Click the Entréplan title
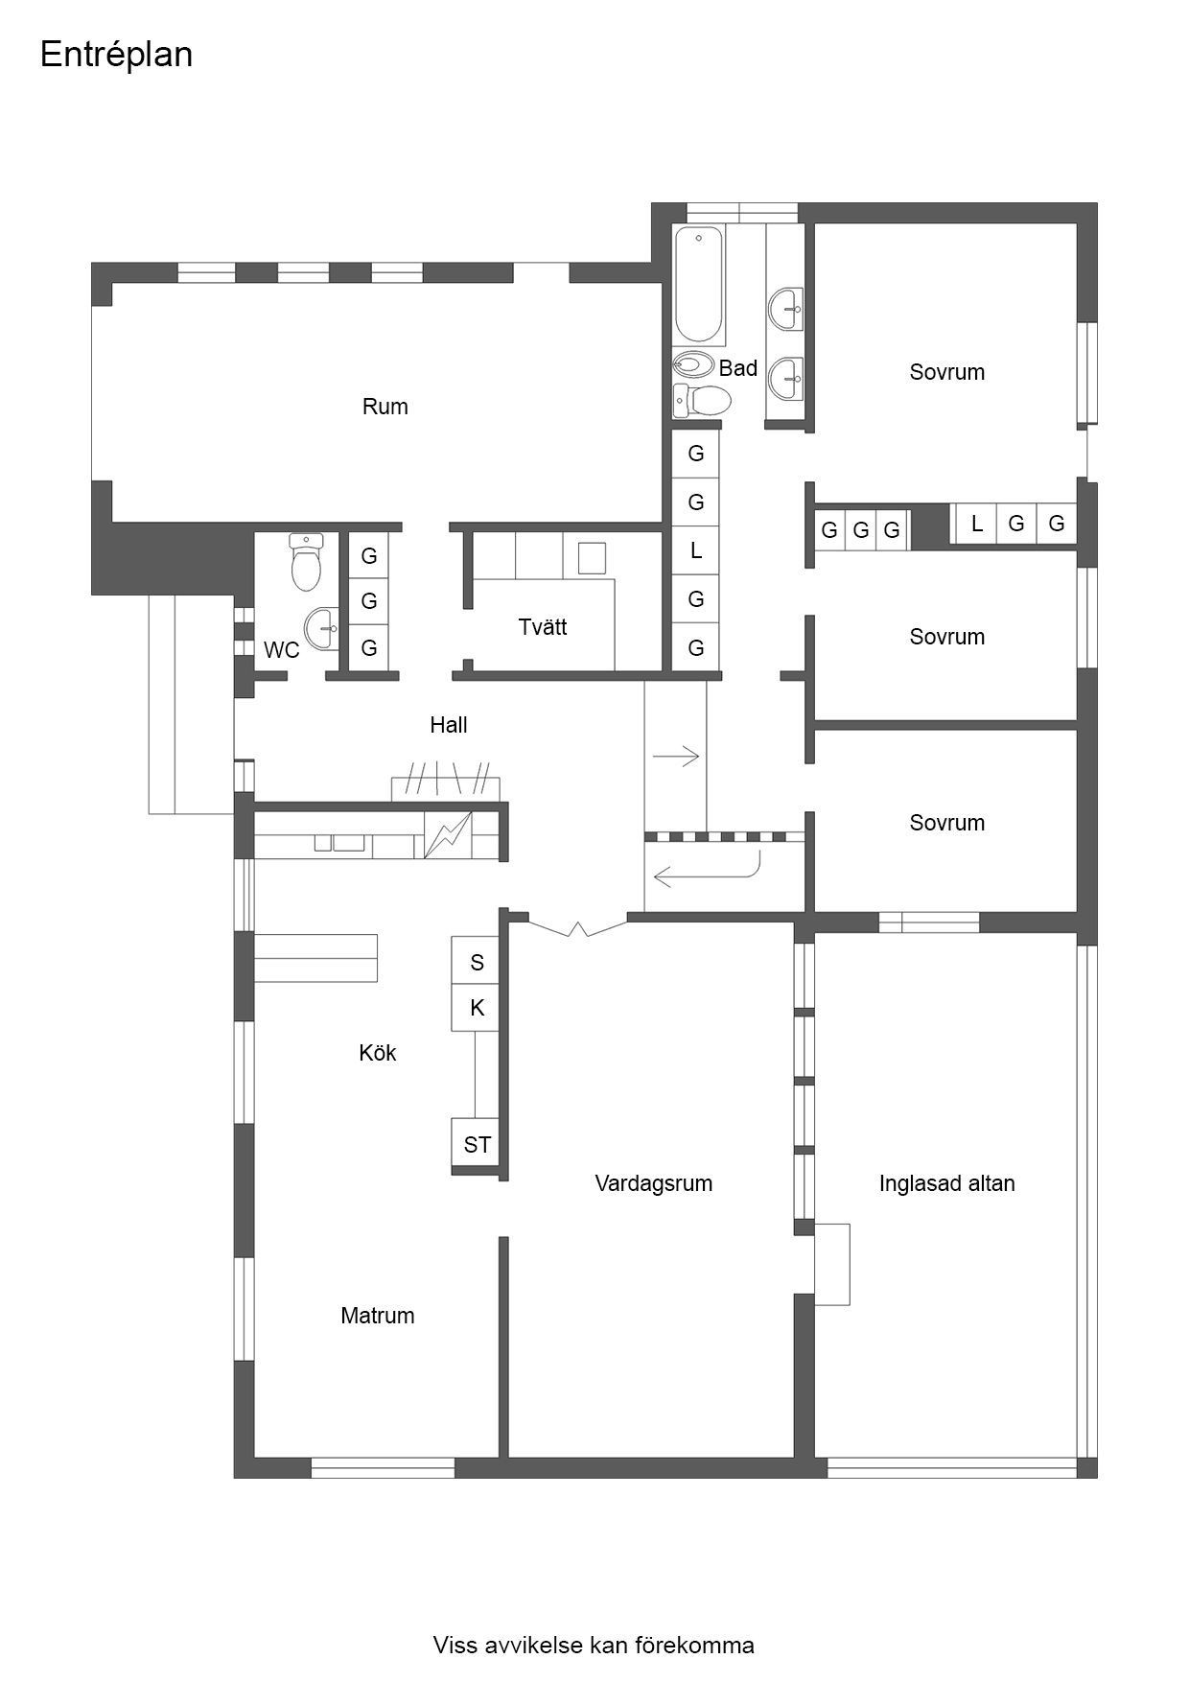[116, 55]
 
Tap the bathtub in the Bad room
[698, 285]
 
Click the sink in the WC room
[322, 629]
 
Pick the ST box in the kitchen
[477, 1144]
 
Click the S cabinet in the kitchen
[477, 962]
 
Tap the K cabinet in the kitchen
[477, 1008]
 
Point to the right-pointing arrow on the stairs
[676, 758]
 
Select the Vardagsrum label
[653, 1183]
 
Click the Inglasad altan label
[946, 1183]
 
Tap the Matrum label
[377, 1316]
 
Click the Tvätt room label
[543, 627]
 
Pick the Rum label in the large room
[385, 407]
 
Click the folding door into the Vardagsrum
[578, 928]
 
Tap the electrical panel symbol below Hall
[448, 835]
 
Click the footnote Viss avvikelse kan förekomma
[594, 1646]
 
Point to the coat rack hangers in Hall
[448, 776]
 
